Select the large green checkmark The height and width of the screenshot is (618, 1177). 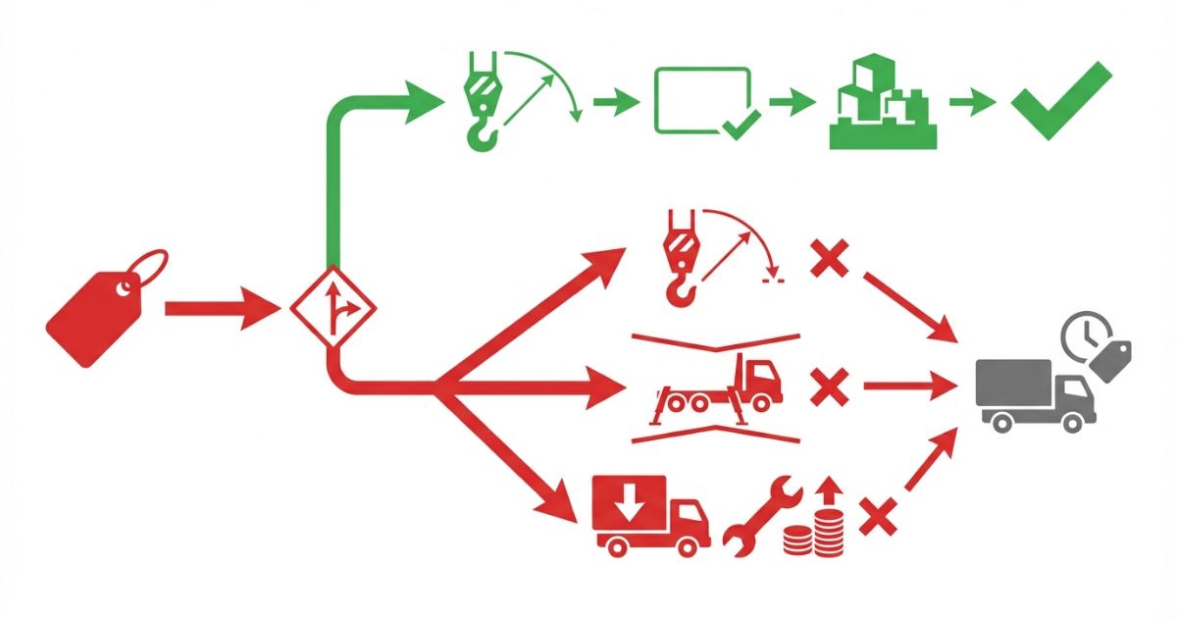tap(1061, 101)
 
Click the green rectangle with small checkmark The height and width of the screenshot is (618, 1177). tap(702, 101)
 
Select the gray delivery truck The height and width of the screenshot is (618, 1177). tap(1035, 393)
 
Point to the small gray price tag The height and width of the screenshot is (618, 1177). tap(1111, 361)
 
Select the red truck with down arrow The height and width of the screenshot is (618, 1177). tap(649, 514)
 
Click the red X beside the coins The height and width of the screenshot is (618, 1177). tap(878, 516)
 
